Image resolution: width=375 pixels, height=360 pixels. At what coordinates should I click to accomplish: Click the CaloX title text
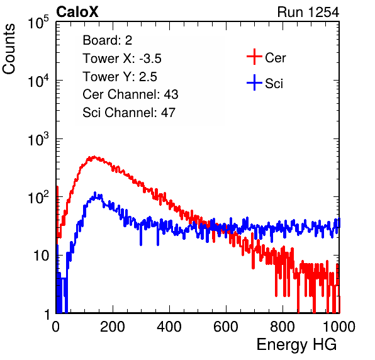click(77, 11)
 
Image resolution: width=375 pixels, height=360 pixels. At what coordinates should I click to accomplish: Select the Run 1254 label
click(308, 12)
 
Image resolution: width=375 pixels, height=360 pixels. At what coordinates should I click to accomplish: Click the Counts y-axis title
click(9, 49)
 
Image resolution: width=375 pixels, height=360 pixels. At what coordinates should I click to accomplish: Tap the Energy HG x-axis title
click(296, 345)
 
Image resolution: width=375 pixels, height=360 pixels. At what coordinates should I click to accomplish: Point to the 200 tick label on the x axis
click(113, 327)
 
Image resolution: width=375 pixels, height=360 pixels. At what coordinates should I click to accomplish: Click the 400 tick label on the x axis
click(169, 327)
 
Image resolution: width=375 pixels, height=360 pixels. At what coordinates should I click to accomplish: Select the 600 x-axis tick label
click(226, 327)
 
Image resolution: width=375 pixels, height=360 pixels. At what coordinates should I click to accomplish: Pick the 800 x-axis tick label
click(283, 327)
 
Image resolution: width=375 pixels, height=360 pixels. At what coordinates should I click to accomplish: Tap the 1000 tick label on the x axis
click(339, 327)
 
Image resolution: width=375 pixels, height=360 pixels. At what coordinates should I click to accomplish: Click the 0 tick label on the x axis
click(56, 327)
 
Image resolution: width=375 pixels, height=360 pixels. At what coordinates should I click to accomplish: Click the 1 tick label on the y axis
click(47, 314)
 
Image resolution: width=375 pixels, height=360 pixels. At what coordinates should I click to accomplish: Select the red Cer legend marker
click(254, 57)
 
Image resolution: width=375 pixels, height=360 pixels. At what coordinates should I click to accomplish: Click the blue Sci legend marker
click(254, 82)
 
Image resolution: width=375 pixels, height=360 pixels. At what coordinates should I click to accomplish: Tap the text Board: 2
click(108, 40)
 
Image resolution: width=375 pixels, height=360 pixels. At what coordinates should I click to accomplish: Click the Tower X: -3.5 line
click(122, 59)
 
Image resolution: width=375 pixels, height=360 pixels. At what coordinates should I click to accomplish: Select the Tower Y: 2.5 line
click(120, 77)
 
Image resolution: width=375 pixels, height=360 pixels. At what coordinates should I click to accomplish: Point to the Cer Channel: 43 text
click(130, 94)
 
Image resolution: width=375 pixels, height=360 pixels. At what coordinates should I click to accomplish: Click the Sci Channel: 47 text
click(129, 113)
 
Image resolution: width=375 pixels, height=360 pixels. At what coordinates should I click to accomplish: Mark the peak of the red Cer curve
click(94, 157)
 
